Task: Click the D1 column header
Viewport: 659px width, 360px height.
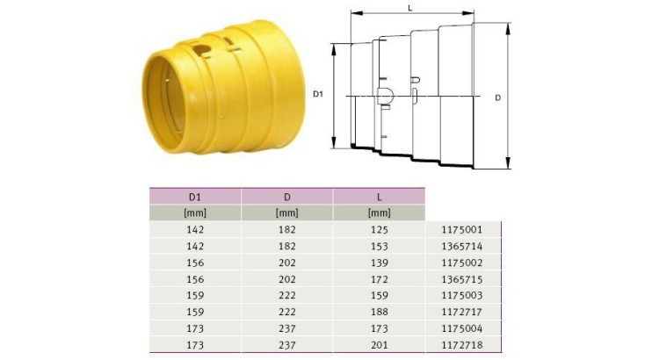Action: tap(195, 197)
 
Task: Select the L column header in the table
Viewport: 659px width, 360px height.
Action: tap(379, 197)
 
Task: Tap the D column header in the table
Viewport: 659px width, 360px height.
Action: tap(287, 197)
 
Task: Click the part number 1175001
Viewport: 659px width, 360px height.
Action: tap(462, 230)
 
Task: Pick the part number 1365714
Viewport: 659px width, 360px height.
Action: tap(462, 246)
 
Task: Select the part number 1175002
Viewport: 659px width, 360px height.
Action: tap(462, 263)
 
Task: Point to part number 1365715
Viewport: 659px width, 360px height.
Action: tap(462, 279)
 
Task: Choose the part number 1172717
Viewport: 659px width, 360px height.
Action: tap(462, 312)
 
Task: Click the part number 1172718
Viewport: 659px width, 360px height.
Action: tap(462, 345)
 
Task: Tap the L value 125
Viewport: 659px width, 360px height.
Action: tap(379, 230)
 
